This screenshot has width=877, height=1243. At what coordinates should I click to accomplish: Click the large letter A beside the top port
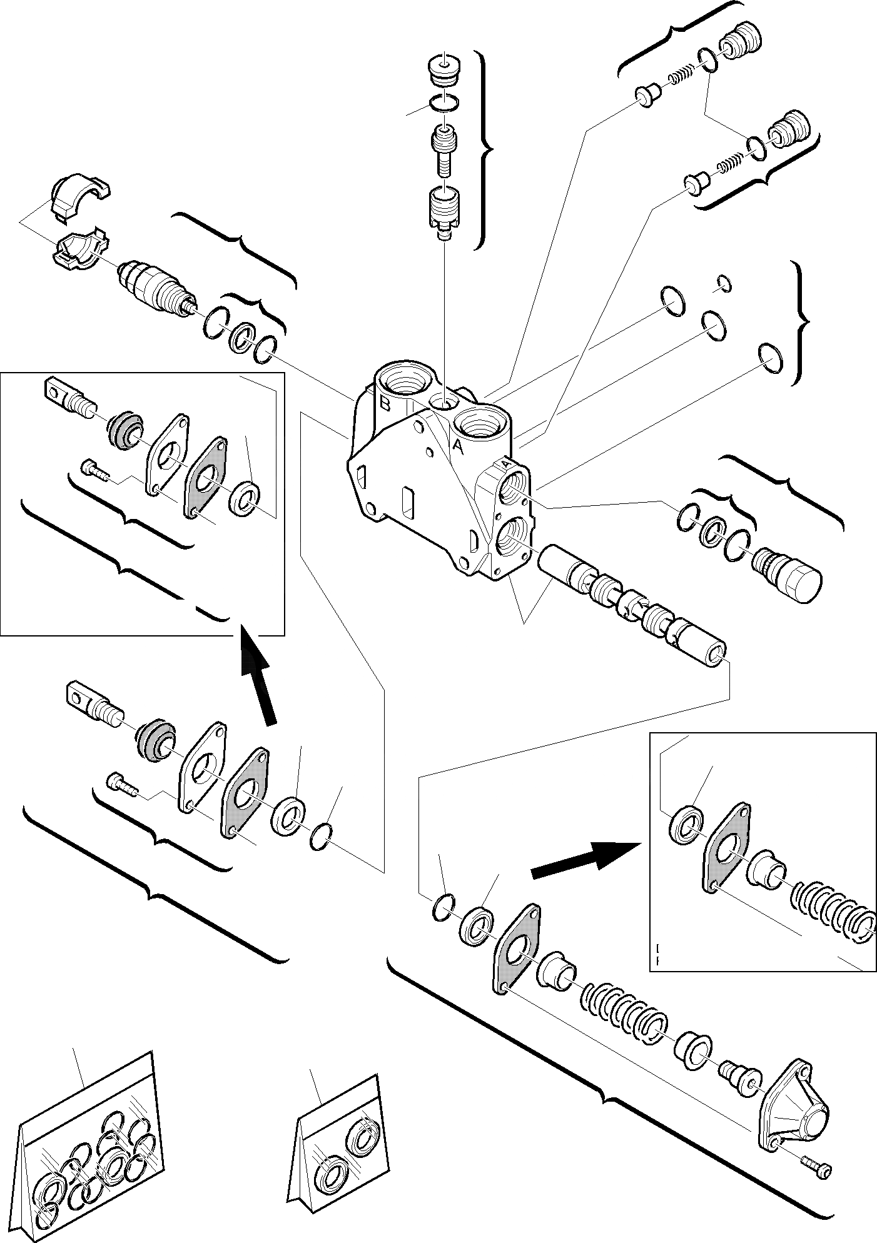[x=458, y=446]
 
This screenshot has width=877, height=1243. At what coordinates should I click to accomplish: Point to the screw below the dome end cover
[x=816, y=1164]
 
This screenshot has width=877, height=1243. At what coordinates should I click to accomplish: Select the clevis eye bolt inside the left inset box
[x=68, y=397]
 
